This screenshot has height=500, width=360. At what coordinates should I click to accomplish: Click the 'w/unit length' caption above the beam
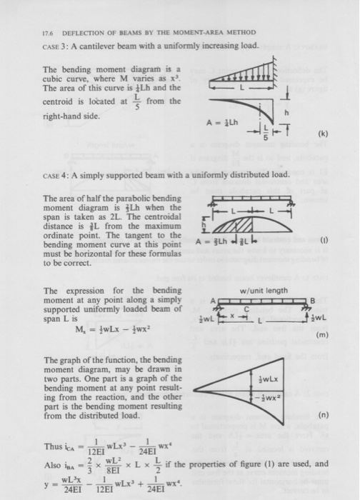[x=263, y=291]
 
